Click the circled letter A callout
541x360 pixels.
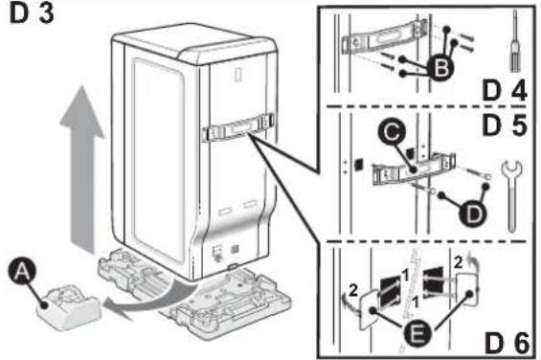[x=22, y=272]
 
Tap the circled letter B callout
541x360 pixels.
[x=440, y=68]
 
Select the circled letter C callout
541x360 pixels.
[x=392, y=132]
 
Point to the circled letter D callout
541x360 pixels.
[x=473, y=214]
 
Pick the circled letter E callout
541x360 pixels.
[x=417, y=333]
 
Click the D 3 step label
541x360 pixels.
[x=32, y=13]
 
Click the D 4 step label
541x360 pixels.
[x=504, y=90]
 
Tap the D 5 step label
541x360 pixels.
[x=505, y=125]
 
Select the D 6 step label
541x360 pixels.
[x=507, y=343]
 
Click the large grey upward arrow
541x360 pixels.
[x=81, y=169]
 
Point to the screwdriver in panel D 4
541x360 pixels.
[x=515, y=41]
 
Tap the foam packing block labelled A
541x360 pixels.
[x=69, y=306]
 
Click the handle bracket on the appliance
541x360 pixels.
[x=237, y=128]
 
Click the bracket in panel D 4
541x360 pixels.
[x=385, y=37]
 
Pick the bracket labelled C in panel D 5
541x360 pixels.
[x=414, y=169]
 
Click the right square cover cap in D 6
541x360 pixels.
[x=467, y=288]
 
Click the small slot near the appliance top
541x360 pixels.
[x=238, y=75]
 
